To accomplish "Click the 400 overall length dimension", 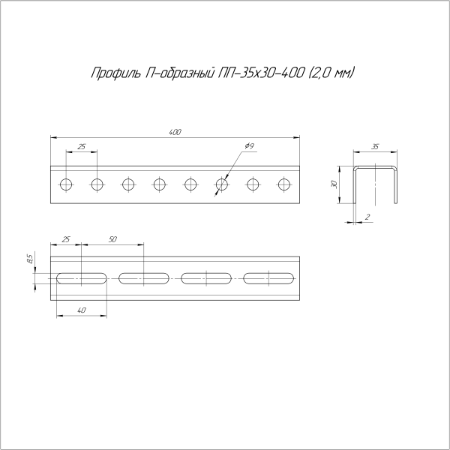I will (x=175, y=133).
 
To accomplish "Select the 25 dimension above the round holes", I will (x=82, y=146).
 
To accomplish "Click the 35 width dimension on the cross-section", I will (x=375, y=148).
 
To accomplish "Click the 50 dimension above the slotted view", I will (x=112, y=238).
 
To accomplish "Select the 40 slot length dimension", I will (x=82, y=310).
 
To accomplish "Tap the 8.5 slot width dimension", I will (x=29, y=259).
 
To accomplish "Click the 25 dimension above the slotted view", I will (x=66, y=238).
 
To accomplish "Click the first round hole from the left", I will (x=66, y=184).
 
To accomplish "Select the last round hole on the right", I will (x=284, y=184).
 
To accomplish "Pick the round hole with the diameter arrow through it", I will (x=222, y=184).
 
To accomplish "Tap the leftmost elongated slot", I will (x=82, y=278).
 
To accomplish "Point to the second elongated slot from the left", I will (x=144, y=278).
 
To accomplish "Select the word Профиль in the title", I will (x=113, y=73).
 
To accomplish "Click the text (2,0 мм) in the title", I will (x=330, y=73).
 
